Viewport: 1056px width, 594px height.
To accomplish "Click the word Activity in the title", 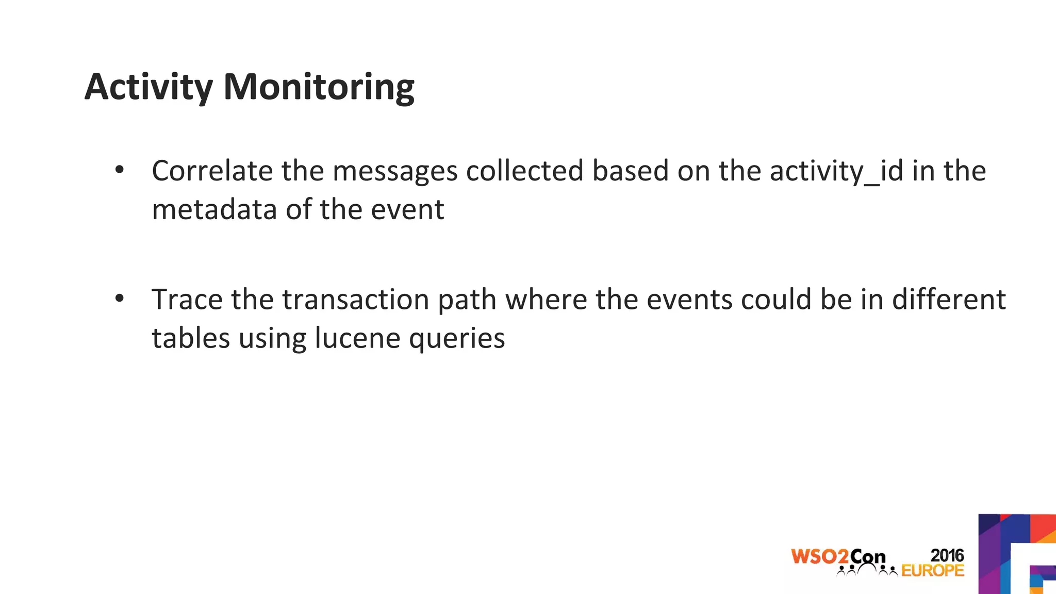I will click(148, 87).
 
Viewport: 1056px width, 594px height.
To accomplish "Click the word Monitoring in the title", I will click(319, 87).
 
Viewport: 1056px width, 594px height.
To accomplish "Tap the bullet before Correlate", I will click(120, 170).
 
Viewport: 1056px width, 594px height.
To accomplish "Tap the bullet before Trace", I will click(120, 299).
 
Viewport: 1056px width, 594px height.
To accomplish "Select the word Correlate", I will click(212, 171).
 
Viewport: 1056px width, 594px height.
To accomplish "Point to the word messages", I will click(395, 172).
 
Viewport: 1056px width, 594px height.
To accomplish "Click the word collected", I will click(524, 171).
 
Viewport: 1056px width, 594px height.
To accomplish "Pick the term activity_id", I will click(836, 172).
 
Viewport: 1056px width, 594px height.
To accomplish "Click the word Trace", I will click(187, 300).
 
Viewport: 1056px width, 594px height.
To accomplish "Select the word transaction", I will click(356, 300).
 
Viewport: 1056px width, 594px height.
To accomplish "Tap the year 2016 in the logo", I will click(947, 555).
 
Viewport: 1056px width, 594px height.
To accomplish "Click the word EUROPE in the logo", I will click(933, 570).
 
